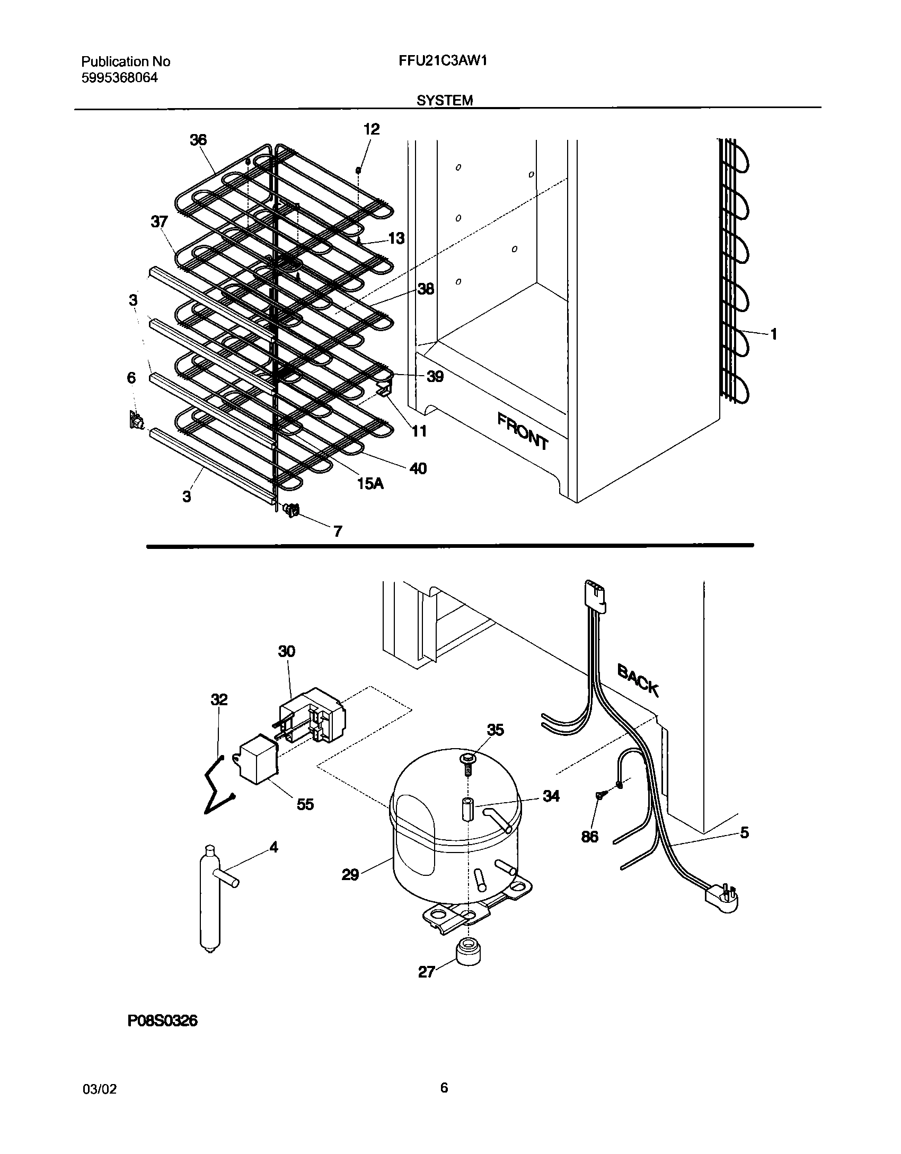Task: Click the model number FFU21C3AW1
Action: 443,61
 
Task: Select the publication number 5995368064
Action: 119,78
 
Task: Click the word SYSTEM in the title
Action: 444,100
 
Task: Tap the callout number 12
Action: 372,129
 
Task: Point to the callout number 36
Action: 198,140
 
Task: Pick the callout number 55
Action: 305,804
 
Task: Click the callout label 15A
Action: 369,483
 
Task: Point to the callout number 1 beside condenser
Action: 773,334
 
